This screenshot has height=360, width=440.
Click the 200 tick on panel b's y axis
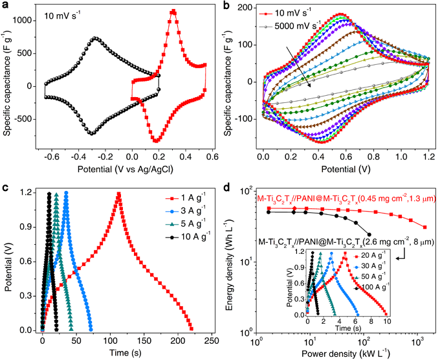[249, 7]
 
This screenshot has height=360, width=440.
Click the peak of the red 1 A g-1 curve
[118, 193]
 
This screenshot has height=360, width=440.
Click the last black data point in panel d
[369, 234]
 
